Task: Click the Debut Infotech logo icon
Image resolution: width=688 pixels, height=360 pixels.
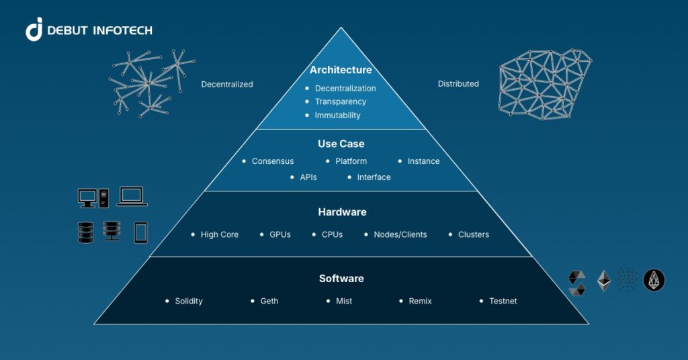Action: coord(34,30)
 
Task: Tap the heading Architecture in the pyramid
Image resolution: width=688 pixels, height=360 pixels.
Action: coord(341,70)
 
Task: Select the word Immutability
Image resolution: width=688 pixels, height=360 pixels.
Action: coord(337,116)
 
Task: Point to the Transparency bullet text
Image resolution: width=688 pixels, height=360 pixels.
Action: coord(340,101)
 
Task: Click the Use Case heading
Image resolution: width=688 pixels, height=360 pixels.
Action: coord(341,144)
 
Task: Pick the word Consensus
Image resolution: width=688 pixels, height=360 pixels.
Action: coord(272,161)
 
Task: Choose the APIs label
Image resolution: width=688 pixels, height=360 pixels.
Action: coord(308,177)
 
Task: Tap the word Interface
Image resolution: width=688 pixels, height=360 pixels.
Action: coord(374,177)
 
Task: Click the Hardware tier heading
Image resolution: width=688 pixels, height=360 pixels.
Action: coord(342,212)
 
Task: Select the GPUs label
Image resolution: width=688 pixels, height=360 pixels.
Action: coord(279,235)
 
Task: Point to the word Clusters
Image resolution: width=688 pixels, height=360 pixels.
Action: coord(473,235)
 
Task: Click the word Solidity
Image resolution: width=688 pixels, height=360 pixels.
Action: coord(188,301)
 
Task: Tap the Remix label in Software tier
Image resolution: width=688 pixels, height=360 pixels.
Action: coord(420,301)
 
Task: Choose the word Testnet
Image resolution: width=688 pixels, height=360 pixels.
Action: coord(503,301)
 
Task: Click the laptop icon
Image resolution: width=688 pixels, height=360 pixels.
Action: coord(132,196)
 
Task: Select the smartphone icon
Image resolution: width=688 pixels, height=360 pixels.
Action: coord(140,232)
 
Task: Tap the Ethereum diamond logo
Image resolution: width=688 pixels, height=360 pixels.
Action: coord(604,281)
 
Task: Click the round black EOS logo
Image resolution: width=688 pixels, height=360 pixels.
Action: coord(654,281)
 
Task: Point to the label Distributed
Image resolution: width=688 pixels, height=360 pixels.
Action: coord(458,84)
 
